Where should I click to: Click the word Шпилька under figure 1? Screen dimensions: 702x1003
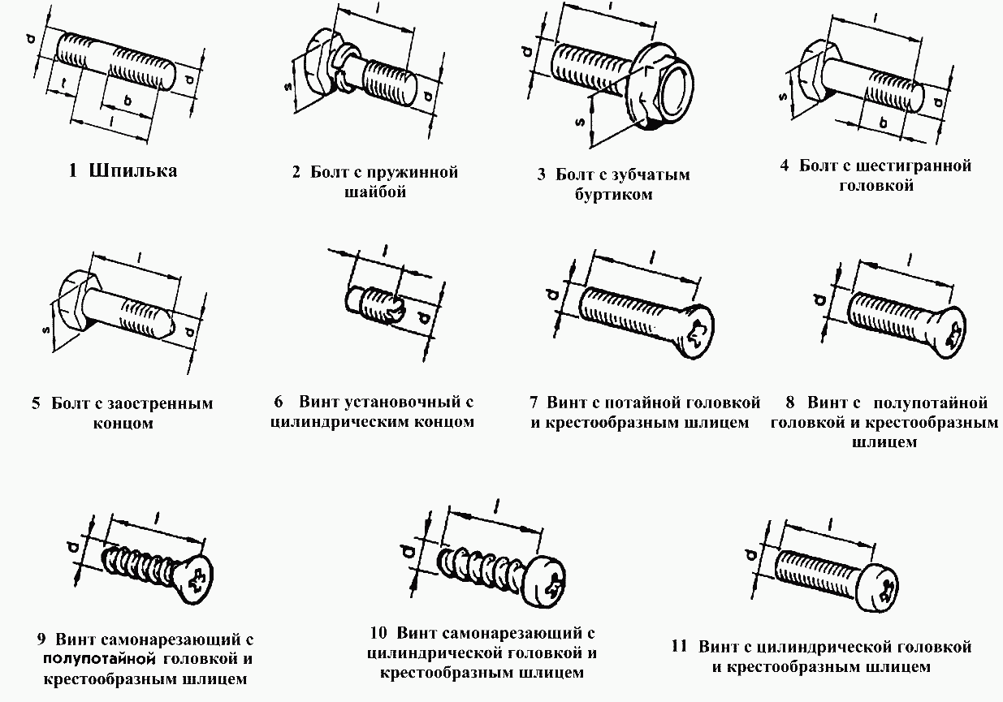click(x=134, y=171)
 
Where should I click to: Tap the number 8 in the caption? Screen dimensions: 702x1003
click(x=790, y=403)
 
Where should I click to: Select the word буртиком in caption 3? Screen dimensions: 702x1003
click(x=614, y=195)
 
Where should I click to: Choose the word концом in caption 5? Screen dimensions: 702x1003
click(x=121, y=424)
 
